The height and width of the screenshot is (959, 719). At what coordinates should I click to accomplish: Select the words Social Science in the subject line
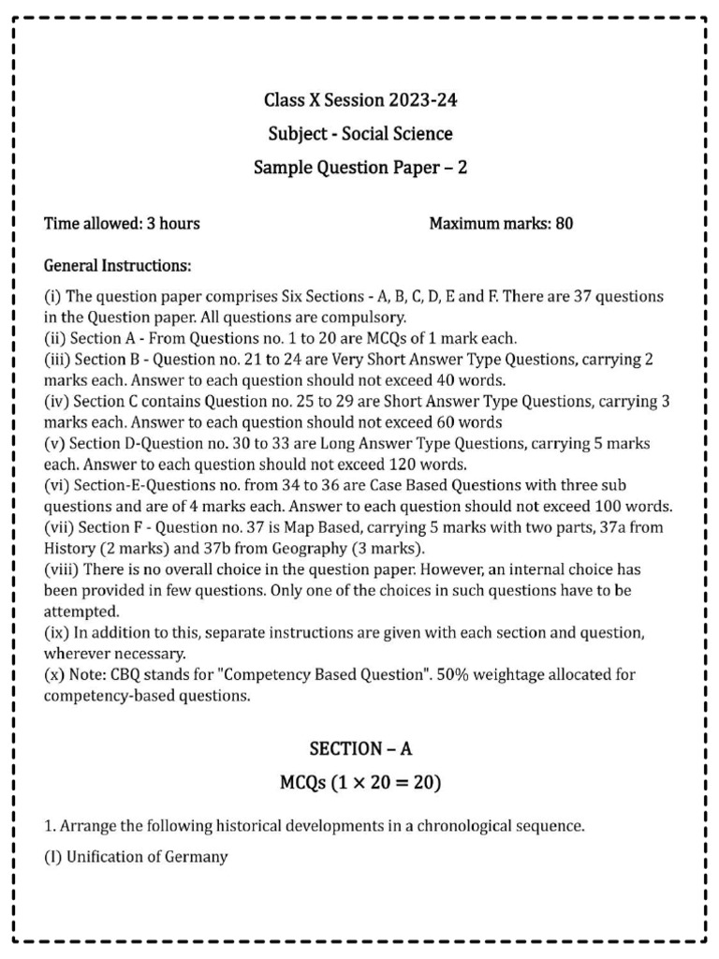(x=397, y=134)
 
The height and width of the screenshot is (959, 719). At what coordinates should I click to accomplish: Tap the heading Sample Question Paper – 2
(x=360, y=168)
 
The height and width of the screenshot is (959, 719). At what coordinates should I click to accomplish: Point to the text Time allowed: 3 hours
(x=122, y=224)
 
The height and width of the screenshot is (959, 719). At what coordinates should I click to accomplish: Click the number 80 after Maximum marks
(x=564, y=224)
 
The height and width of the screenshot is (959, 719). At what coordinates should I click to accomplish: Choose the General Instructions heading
(x=118, y=267)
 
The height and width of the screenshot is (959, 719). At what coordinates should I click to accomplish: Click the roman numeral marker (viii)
(x=61, y=570)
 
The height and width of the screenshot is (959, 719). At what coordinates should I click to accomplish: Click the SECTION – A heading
(x=360, y=749)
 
